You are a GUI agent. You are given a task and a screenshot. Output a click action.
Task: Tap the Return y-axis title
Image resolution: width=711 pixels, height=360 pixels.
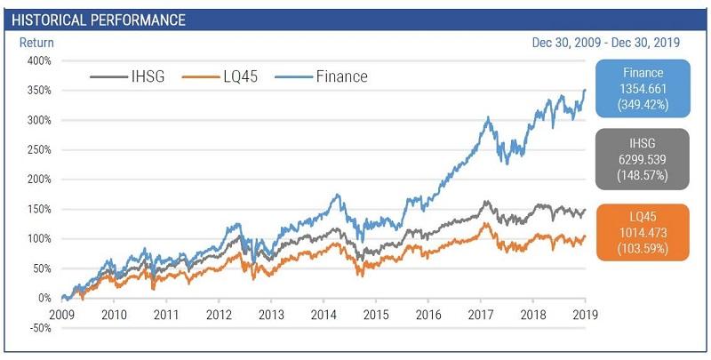point(36,42)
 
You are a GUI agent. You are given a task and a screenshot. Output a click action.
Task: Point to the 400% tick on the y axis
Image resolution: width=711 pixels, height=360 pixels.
point(39,60)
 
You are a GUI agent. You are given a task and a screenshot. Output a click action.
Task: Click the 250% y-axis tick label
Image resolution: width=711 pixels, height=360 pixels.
point(39,149)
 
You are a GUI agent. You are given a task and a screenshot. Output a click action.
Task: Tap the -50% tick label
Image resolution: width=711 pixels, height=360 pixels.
point(39,328)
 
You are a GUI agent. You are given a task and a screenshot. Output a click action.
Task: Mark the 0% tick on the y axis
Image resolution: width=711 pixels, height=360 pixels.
point(44,298)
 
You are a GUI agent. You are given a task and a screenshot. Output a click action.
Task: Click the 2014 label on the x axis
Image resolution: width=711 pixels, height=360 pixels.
point(324,315)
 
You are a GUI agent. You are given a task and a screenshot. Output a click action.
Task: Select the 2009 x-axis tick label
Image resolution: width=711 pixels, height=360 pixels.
point(62,315)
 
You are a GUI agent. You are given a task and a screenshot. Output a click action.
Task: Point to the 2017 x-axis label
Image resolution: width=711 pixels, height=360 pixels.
point(481,315)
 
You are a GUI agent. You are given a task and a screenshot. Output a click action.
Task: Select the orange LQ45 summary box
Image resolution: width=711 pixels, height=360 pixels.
point(643,232)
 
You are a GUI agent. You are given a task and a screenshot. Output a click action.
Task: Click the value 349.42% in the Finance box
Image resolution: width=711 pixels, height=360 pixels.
point(643,106)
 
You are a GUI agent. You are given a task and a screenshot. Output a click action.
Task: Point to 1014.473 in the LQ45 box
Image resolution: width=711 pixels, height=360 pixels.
point(643,232)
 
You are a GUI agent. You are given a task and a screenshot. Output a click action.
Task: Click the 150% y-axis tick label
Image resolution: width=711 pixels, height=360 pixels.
point(39,209)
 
